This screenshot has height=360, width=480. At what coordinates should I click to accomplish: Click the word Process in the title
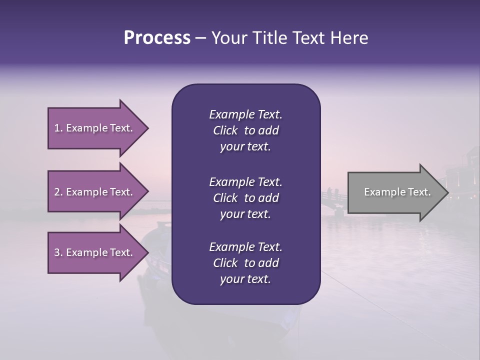pos(157,38)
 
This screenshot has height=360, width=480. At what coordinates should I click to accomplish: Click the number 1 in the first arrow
pos(57,128)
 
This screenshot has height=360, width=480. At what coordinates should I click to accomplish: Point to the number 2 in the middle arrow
pos(57,192)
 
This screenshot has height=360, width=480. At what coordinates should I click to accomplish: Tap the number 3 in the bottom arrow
pos(57,252)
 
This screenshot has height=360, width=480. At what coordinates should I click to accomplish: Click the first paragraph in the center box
pos(245,130)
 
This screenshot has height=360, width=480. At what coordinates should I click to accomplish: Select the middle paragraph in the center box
pos(245,197)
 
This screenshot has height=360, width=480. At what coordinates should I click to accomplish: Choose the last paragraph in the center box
pos(245,263)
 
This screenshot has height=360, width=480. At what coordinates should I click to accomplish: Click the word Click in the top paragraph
pos(225,130)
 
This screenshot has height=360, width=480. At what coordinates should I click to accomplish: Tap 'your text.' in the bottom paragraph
pos(245,279)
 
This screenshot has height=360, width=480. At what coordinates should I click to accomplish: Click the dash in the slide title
pos(200,38)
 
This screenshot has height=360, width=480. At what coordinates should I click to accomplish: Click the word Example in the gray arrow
pos(380,192)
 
